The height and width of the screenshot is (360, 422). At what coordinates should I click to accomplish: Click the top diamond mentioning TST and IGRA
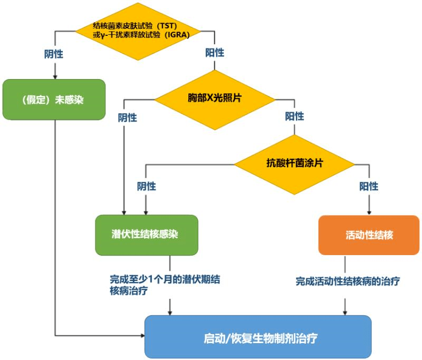[140, 30]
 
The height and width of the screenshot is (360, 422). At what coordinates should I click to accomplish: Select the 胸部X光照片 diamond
[215, 99]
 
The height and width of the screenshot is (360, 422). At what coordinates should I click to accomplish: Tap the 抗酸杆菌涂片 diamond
[295, 163]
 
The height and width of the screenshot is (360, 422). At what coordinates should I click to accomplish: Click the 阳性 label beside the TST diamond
[215, 53]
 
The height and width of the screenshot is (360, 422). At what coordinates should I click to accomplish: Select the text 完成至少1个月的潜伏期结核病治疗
[161, 285]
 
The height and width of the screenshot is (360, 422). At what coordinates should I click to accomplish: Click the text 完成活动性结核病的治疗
[347, 281]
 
